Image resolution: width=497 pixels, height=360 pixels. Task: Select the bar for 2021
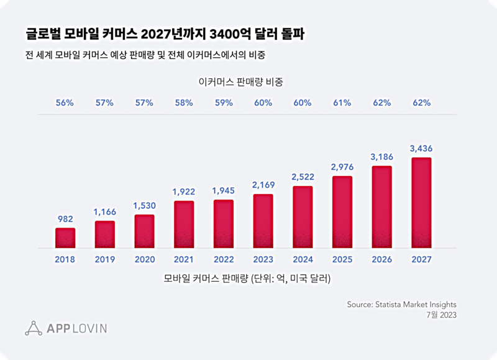point(183,224)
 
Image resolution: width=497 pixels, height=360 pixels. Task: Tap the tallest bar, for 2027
point(421,203)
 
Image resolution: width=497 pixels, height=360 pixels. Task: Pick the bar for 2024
point(302,217)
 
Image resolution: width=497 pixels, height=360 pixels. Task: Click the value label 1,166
point(104,212)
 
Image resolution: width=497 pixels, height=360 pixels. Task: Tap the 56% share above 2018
point(65,103)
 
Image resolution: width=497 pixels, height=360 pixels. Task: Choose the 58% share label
point(183,103)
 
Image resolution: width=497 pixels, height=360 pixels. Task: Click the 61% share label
point(342,103)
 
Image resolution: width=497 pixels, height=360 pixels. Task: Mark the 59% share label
point(223,103)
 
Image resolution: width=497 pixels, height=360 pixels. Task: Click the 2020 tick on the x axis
point(144,259)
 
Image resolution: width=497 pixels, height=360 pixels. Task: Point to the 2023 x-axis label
point(263,259)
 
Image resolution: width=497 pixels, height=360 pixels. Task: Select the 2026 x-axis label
point(381,259)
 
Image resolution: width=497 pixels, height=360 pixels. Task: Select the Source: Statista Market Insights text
point(401,304)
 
